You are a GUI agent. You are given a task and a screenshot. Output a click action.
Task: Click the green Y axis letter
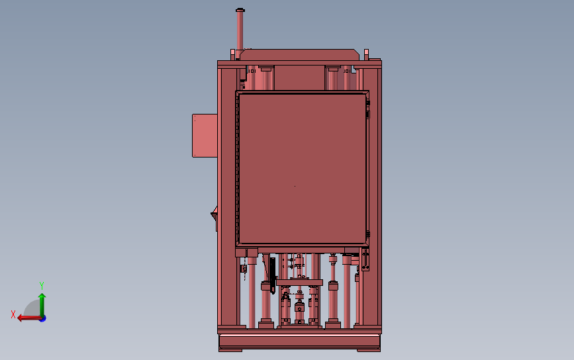pos(42,285)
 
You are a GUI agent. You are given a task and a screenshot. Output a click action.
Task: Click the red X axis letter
pos(13,314)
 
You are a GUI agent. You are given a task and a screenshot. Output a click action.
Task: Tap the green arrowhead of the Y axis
pos(42,296)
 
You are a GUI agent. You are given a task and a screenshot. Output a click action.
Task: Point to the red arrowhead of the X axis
pos(20,318)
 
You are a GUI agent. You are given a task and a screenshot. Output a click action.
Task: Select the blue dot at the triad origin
pos(43,319)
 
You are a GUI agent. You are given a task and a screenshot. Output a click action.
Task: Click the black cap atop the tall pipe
pos(240,10)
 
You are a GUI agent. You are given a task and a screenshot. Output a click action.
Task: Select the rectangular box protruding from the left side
pos(205,136)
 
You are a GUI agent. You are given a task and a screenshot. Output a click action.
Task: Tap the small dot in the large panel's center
pos(295,186)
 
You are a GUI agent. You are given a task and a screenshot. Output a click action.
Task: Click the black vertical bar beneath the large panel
pos(272,275)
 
